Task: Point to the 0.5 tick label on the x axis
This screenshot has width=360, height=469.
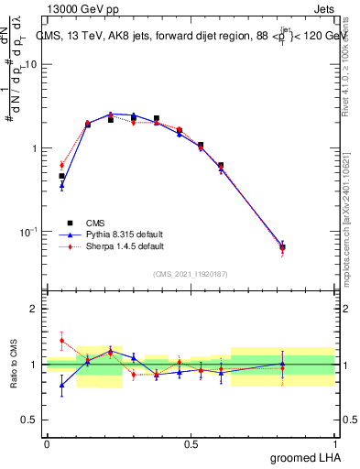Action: (x=191, y=444)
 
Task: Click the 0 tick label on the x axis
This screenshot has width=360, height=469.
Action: (x=47, y=444)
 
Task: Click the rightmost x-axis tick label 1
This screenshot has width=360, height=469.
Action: (x=335, y=444)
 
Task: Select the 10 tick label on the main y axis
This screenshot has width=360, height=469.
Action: (x=31, y=65)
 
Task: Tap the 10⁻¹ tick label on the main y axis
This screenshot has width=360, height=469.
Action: (x=29, y=231)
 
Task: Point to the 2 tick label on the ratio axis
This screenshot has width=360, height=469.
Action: (x=35, y=310)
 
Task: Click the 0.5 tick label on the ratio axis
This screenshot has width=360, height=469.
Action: (x=30, y=420)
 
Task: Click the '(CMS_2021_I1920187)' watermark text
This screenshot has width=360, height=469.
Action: (x=191, y=273)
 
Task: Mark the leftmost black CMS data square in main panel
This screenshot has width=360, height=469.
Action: (x=61, y=176)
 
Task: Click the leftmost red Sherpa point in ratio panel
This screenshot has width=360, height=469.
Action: (x=61, y=341)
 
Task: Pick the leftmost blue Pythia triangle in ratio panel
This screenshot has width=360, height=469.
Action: (x=61, y=385)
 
